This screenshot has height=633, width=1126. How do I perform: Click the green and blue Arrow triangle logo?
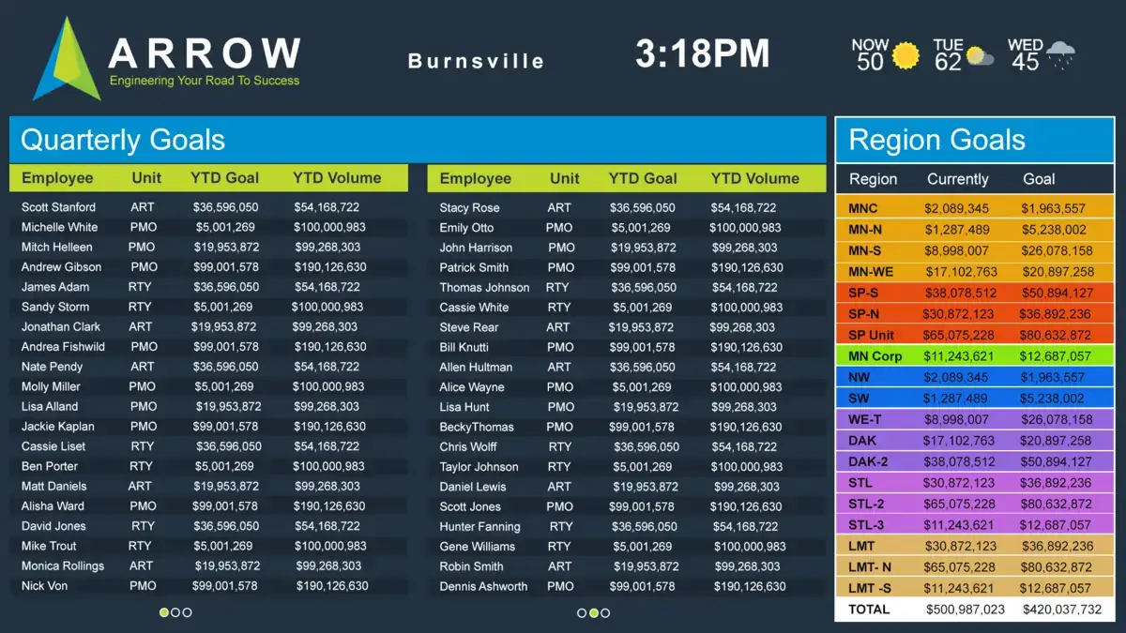(x=67, y=61)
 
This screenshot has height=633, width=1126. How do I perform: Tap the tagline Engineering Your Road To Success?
(x=205, y=81)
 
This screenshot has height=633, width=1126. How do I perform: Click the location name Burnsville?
(x=476, y=61)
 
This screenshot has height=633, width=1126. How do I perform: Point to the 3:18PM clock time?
(x=702, y=53)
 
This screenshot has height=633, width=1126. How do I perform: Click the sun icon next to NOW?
(x=906, y=56)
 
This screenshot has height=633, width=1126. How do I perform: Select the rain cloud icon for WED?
(x=1060, y=55)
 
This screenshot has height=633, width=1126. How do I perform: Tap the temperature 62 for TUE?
(x=948, y=62)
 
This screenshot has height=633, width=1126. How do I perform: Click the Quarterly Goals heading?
(x=123, y=141)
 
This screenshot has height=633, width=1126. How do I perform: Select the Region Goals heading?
(x=936, y=141)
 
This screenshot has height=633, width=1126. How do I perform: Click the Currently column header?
(x=957, y=179)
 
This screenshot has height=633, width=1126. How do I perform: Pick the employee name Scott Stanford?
(x=58, y=207)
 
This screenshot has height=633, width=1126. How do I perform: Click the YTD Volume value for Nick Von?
(x=331, y=586)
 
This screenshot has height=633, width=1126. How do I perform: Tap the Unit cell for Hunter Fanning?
(x=560, y=527)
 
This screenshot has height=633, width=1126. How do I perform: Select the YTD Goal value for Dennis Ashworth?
(x=642, y=587)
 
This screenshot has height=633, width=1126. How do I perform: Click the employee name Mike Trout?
(x=49, y=546)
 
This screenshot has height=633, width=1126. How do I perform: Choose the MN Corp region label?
(x=875, y=356)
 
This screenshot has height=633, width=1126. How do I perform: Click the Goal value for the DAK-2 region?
(x=1057, y=462)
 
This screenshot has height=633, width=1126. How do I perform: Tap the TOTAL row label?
(x=869, y=610)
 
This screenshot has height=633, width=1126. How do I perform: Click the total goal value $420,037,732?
(x=1057, y=610)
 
